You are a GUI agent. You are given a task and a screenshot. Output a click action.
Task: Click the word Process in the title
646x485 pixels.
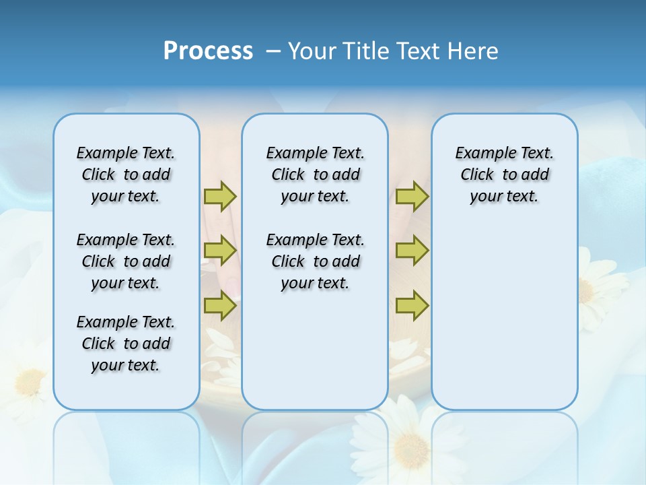pyautogui.click(x=208, y=51)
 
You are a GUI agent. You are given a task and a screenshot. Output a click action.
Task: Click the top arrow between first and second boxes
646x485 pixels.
pyautogui.click(x=220, y=196)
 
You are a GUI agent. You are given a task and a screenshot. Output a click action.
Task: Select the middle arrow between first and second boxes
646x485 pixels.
pyautogui.click(x=220, y=251)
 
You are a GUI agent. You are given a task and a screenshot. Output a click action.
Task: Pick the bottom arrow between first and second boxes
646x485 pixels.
pyautogui.click(x=220, y=306)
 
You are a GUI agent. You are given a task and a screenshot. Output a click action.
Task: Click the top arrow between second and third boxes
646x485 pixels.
pyautogui.click(x=412, y=196)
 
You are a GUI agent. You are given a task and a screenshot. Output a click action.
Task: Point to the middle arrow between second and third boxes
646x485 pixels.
pyautogui.click(x=412, y=251)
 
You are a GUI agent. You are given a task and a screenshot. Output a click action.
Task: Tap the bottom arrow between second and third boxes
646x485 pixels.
pyautogui.click(x=412, y=306)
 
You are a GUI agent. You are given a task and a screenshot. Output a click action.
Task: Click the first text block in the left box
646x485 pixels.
pyautogui.click(x=126, y=174)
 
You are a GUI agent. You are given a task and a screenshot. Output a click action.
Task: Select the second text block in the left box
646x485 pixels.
pyautogui.click(x=126, y=261)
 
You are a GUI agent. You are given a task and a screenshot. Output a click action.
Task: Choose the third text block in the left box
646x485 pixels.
pyautogui.click(x=126, y=344)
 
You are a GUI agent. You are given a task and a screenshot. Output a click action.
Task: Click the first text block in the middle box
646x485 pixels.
pyautogui.click(x=315, y=174)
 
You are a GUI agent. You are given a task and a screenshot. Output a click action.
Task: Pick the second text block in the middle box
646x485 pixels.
pyautogui.click(x=315, y=261)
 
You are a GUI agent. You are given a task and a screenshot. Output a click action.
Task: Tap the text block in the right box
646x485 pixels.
pyautogui.click(x=504, y=174)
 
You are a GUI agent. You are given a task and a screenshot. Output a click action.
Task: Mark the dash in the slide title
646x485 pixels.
pyautogui.click(x=273, y=51)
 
